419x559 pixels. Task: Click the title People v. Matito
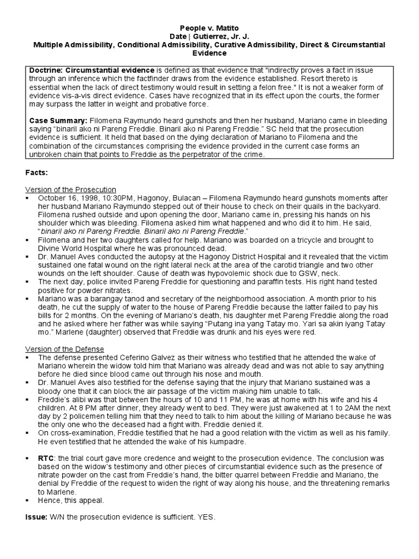pyautogui.click(x=210, y=27)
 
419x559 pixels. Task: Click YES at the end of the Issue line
pyautogui.click(x=206, y=516)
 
